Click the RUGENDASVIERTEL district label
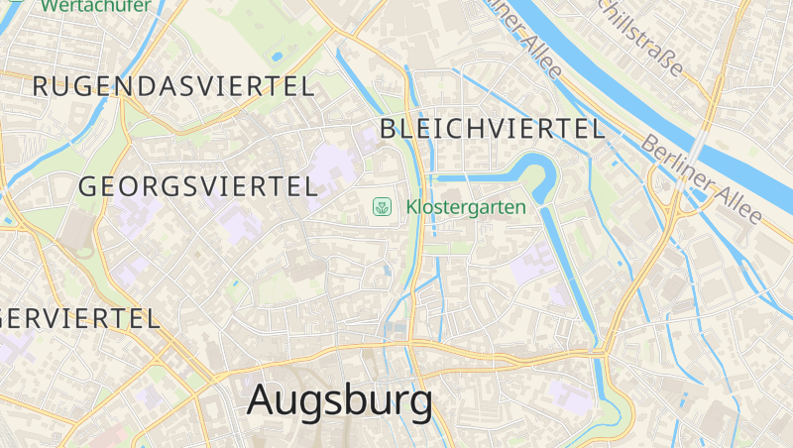[173, 86]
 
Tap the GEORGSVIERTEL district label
[197, 185]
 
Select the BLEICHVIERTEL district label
[492, 128]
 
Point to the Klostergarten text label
[466, 207]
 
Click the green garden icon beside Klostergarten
[381, 207]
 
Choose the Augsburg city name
[339, 399]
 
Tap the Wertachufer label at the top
[95, 6]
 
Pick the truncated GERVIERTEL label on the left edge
[79, 318]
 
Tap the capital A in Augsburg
[262, 399]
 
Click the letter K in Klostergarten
[411, 207]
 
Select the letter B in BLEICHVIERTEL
[388, 128]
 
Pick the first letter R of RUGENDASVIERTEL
[41, 86]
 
